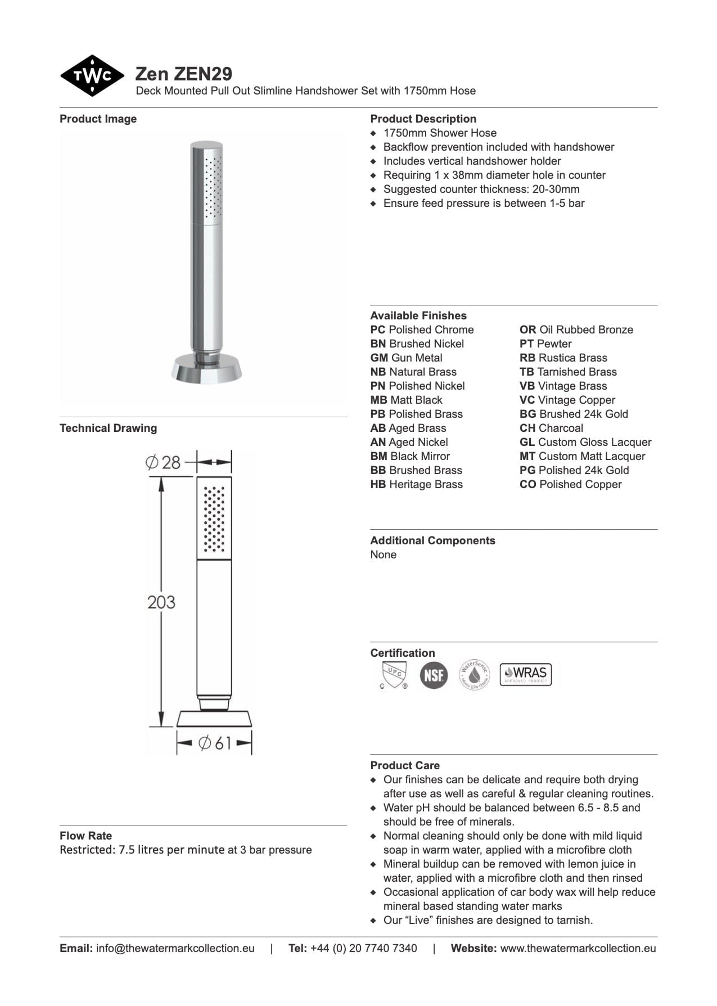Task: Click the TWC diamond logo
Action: pyautogui.click(x=92, y=76)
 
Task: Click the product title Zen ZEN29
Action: pyautogui.click(x=183, y=74)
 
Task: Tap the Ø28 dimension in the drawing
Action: pyautogui.click(x=163, y=462)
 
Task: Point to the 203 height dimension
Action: pyautogui.click(x=161, y=602)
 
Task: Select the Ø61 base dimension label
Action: pyautogui.click(x=214, y=743)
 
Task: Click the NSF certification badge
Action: pyautogui.click(x=434, y=675)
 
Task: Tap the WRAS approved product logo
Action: pyautogui.click(x=525, y=674)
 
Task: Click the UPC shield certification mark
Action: pyautogui.click(x=393, y=675)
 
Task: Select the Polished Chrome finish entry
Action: pyautogui.click(x=422, y=330)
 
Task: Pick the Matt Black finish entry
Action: pyautogui.click(x=406, y=400)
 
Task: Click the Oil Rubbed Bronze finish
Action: pyautogui.click(x=576, y=330)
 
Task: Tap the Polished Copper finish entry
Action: pyautogui.click(x=570, y=484)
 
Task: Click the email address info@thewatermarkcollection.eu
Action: pyautogui.click(x=175, y=948)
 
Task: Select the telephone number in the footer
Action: pyautogui.click(x=363, y=948)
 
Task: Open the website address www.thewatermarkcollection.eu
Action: pyautogui.click(x=578, y=948)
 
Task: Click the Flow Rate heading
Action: pyautogui.click(x=85, y=836)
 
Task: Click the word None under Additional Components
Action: pyautogui.click(x=383, y=554)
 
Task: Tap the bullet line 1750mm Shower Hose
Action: pyautogui.click(x=440, y=133)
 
